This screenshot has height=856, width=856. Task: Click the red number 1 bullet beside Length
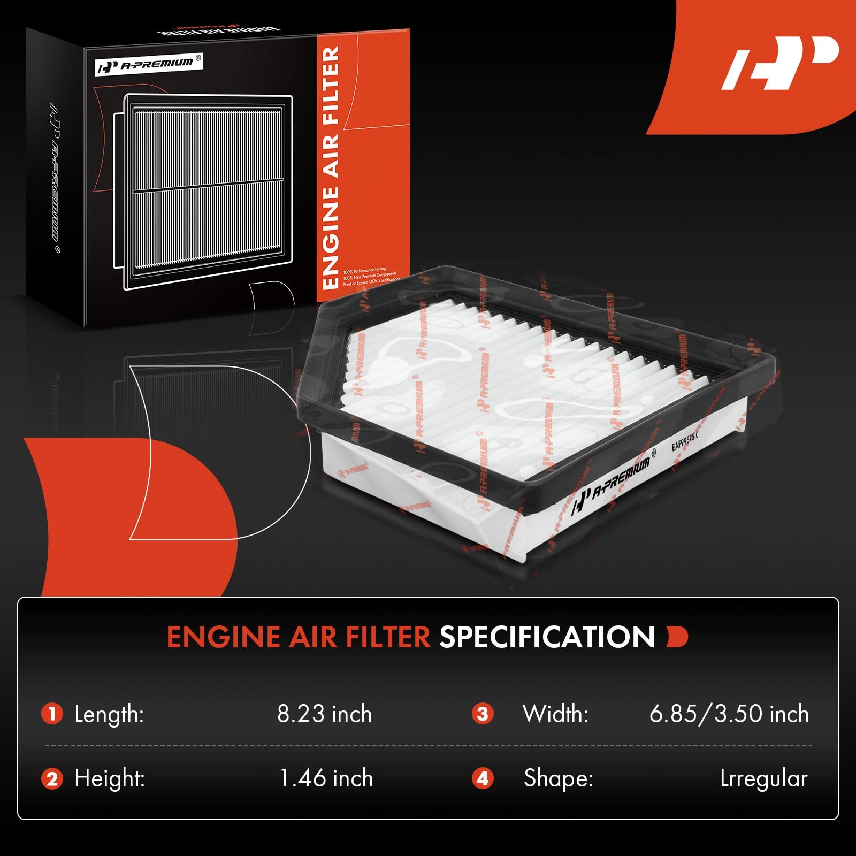point(52,714)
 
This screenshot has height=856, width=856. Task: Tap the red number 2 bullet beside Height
point(52,778)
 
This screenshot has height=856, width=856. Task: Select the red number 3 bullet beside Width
point(483,714)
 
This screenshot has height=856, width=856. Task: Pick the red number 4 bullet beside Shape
point(483,778)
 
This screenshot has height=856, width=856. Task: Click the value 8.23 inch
point(324,714)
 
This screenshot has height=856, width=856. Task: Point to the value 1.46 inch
point(326,778)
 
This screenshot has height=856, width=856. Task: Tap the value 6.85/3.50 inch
point(729,714)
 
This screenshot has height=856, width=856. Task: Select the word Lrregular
point(763,778)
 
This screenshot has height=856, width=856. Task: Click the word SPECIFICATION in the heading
point(547,637)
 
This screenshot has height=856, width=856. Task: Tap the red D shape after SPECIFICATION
point(677,637)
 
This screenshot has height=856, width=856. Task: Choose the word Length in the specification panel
point(109,714)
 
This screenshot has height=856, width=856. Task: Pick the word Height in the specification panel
point(110,778)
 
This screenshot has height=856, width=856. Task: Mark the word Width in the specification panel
point(555,714)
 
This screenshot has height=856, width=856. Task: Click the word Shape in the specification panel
point(558,778)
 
